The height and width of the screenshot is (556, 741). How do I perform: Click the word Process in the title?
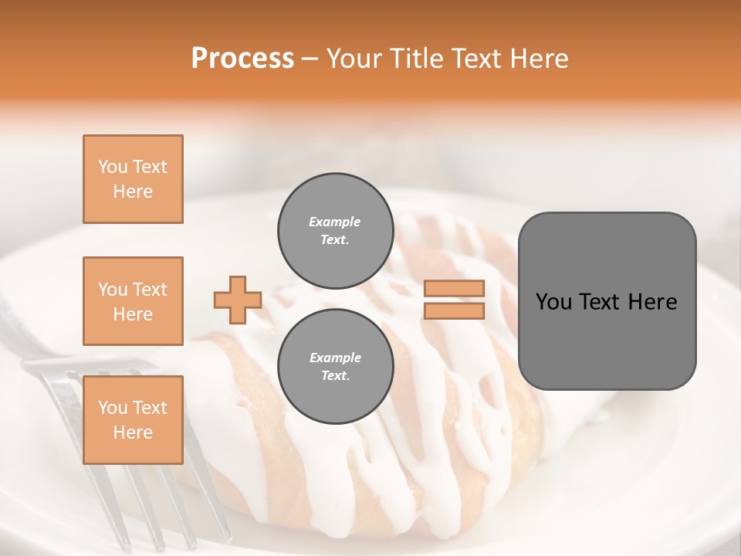[x=242, y=59]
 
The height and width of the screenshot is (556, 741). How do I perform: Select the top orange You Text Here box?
[x=133, y=179]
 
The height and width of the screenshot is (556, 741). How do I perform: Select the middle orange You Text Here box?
[x=133, y=301]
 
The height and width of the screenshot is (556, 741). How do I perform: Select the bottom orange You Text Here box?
[x=133, y=419]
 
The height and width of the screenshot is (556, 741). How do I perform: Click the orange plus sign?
[x=238, y=300]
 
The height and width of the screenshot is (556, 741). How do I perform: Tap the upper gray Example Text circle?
[x=335, y=230]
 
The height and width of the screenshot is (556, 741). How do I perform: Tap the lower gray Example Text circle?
[x=335, y=366]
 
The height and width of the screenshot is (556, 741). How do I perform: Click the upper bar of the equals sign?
[x=454, y=289]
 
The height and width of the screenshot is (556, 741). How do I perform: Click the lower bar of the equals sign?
[x=454, y=310]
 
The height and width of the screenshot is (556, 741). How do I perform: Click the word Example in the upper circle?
[x=335, y=222]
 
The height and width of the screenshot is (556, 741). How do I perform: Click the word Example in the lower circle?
[x=335, y=358]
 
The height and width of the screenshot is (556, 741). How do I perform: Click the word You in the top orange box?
[x=112, y=167]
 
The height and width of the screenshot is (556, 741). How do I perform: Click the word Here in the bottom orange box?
[x=133, y=432]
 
